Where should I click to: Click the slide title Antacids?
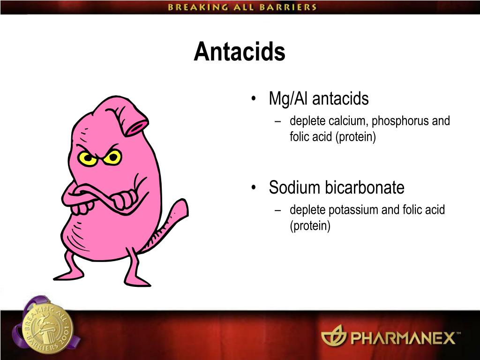tap(240, 52)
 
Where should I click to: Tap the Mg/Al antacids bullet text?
tap(319, 99)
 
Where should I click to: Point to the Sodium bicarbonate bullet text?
tap(336, 188)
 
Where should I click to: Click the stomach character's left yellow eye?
tap(88, 158)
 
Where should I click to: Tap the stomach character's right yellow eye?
tap(112, 157)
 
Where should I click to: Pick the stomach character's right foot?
tap(137, 280)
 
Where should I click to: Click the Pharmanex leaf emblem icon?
tap(333, 336)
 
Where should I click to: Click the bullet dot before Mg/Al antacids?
tap(254, 99)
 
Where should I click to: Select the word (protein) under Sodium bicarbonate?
tap(310, 226)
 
